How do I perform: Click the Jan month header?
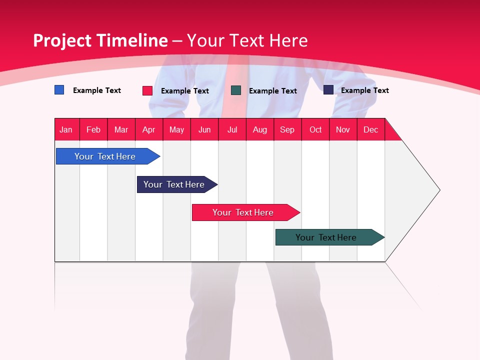(66, 129)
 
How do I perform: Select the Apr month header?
(148, 129)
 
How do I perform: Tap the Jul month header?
(232, 129)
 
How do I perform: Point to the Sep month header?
(287, 129)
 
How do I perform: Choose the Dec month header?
(370, 129)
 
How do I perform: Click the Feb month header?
(93, 129)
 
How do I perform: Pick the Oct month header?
(315, 129)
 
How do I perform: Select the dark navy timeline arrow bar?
(175, 184)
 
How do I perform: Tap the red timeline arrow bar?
(244, 212)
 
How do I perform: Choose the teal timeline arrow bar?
(327, 237)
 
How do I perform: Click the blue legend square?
(59, 90)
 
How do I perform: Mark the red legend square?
(147, 90)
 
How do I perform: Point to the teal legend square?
(236, 90)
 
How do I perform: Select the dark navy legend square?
(328, 90)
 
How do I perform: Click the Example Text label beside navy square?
(364, 90)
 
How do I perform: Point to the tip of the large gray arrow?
(439, 190)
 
